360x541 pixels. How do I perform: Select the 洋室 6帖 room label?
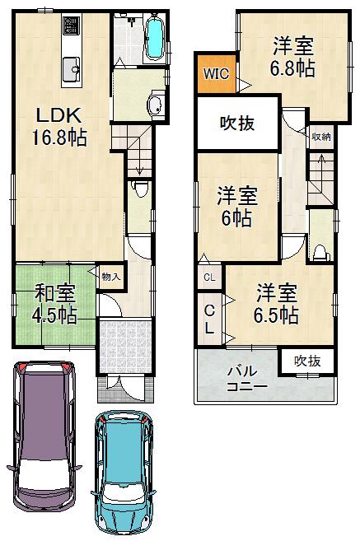[x=236, y=207]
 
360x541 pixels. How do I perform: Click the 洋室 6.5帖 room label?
[x=276, y=303]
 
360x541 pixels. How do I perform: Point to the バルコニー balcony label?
[x=246, y=378]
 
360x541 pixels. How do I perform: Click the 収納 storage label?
[x=321, y=137]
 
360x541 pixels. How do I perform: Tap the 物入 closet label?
[x=110, y=277]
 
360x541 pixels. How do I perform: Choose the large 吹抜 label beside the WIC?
[x=236, y=124]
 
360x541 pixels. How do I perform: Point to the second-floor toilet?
[x=322, y=250]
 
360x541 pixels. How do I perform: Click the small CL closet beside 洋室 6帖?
[x=209, y=277]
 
